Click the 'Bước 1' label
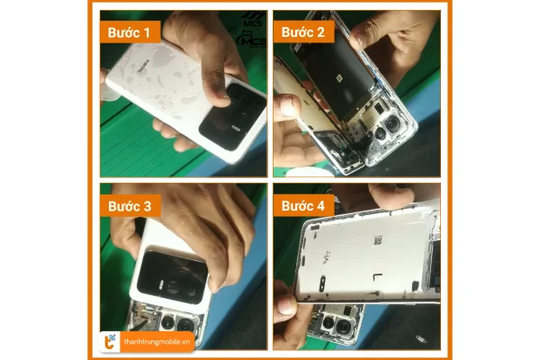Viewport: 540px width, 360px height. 130,33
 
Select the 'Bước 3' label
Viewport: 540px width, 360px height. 130,205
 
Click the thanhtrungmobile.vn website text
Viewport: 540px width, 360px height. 157,340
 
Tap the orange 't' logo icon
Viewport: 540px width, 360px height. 109,340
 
